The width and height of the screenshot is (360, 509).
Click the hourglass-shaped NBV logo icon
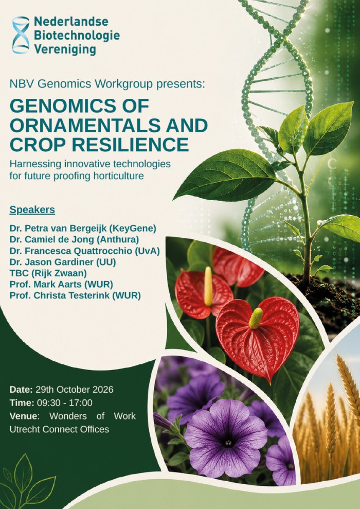coord(21,35)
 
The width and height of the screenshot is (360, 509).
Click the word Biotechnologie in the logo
coord(77,36)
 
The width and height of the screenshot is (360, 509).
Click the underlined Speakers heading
coord(32,209)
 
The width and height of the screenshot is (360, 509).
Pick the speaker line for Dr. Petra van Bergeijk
coord(83,229)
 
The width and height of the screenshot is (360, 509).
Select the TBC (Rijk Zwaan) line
coord(48,273)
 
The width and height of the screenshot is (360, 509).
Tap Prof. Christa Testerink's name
coord(62,295)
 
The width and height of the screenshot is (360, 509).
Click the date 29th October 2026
coord(74,390)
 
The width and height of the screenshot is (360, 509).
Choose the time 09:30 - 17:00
coord(64,403)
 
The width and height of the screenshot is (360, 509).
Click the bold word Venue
coord(23,416)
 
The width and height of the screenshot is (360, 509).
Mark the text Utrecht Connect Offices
coord(59,429)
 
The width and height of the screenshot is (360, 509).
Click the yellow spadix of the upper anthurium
coord(208,286)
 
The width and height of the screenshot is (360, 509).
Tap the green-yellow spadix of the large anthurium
coord(256,318)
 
